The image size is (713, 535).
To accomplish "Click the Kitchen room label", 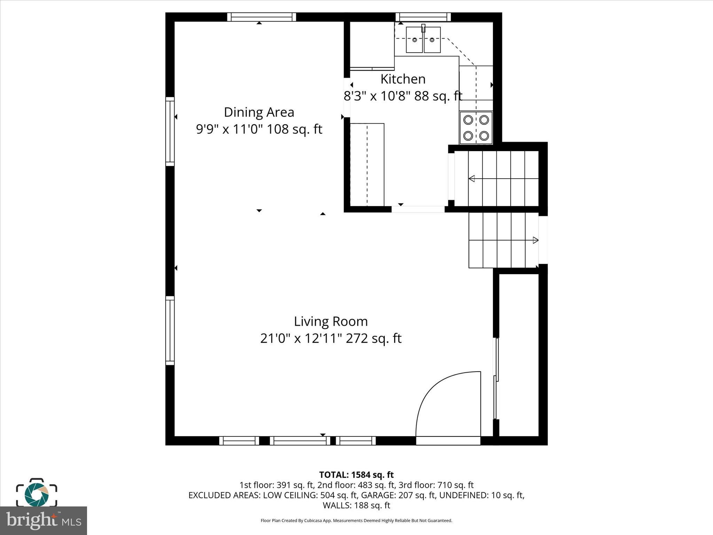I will (403, 79).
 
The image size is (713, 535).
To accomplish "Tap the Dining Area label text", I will (259, 112).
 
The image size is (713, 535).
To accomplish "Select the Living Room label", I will (331, 321).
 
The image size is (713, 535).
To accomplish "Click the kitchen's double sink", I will (423, 40).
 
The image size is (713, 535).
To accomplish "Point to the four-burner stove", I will (476, 128).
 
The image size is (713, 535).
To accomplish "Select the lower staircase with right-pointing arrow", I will (503, 240).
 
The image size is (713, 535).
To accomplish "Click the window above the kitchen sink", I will (423, 17).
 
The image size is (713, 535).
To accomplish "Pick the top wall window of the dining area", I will (261, 17).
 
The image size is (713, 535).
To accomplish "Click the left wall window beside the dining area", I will (170, 131).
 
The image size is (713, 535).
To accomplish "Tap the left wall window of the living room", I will (170, 330).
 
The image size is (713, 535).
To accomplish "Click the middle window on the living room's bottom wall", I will (300, 441).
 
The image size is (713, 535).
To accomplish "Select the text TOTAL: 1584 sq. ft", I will (356, 475).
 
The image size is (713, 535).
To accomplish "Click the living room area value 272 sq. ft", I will (374, 338).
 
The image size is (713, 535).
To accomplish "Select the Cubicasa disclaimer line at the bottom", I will (356, 521).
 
